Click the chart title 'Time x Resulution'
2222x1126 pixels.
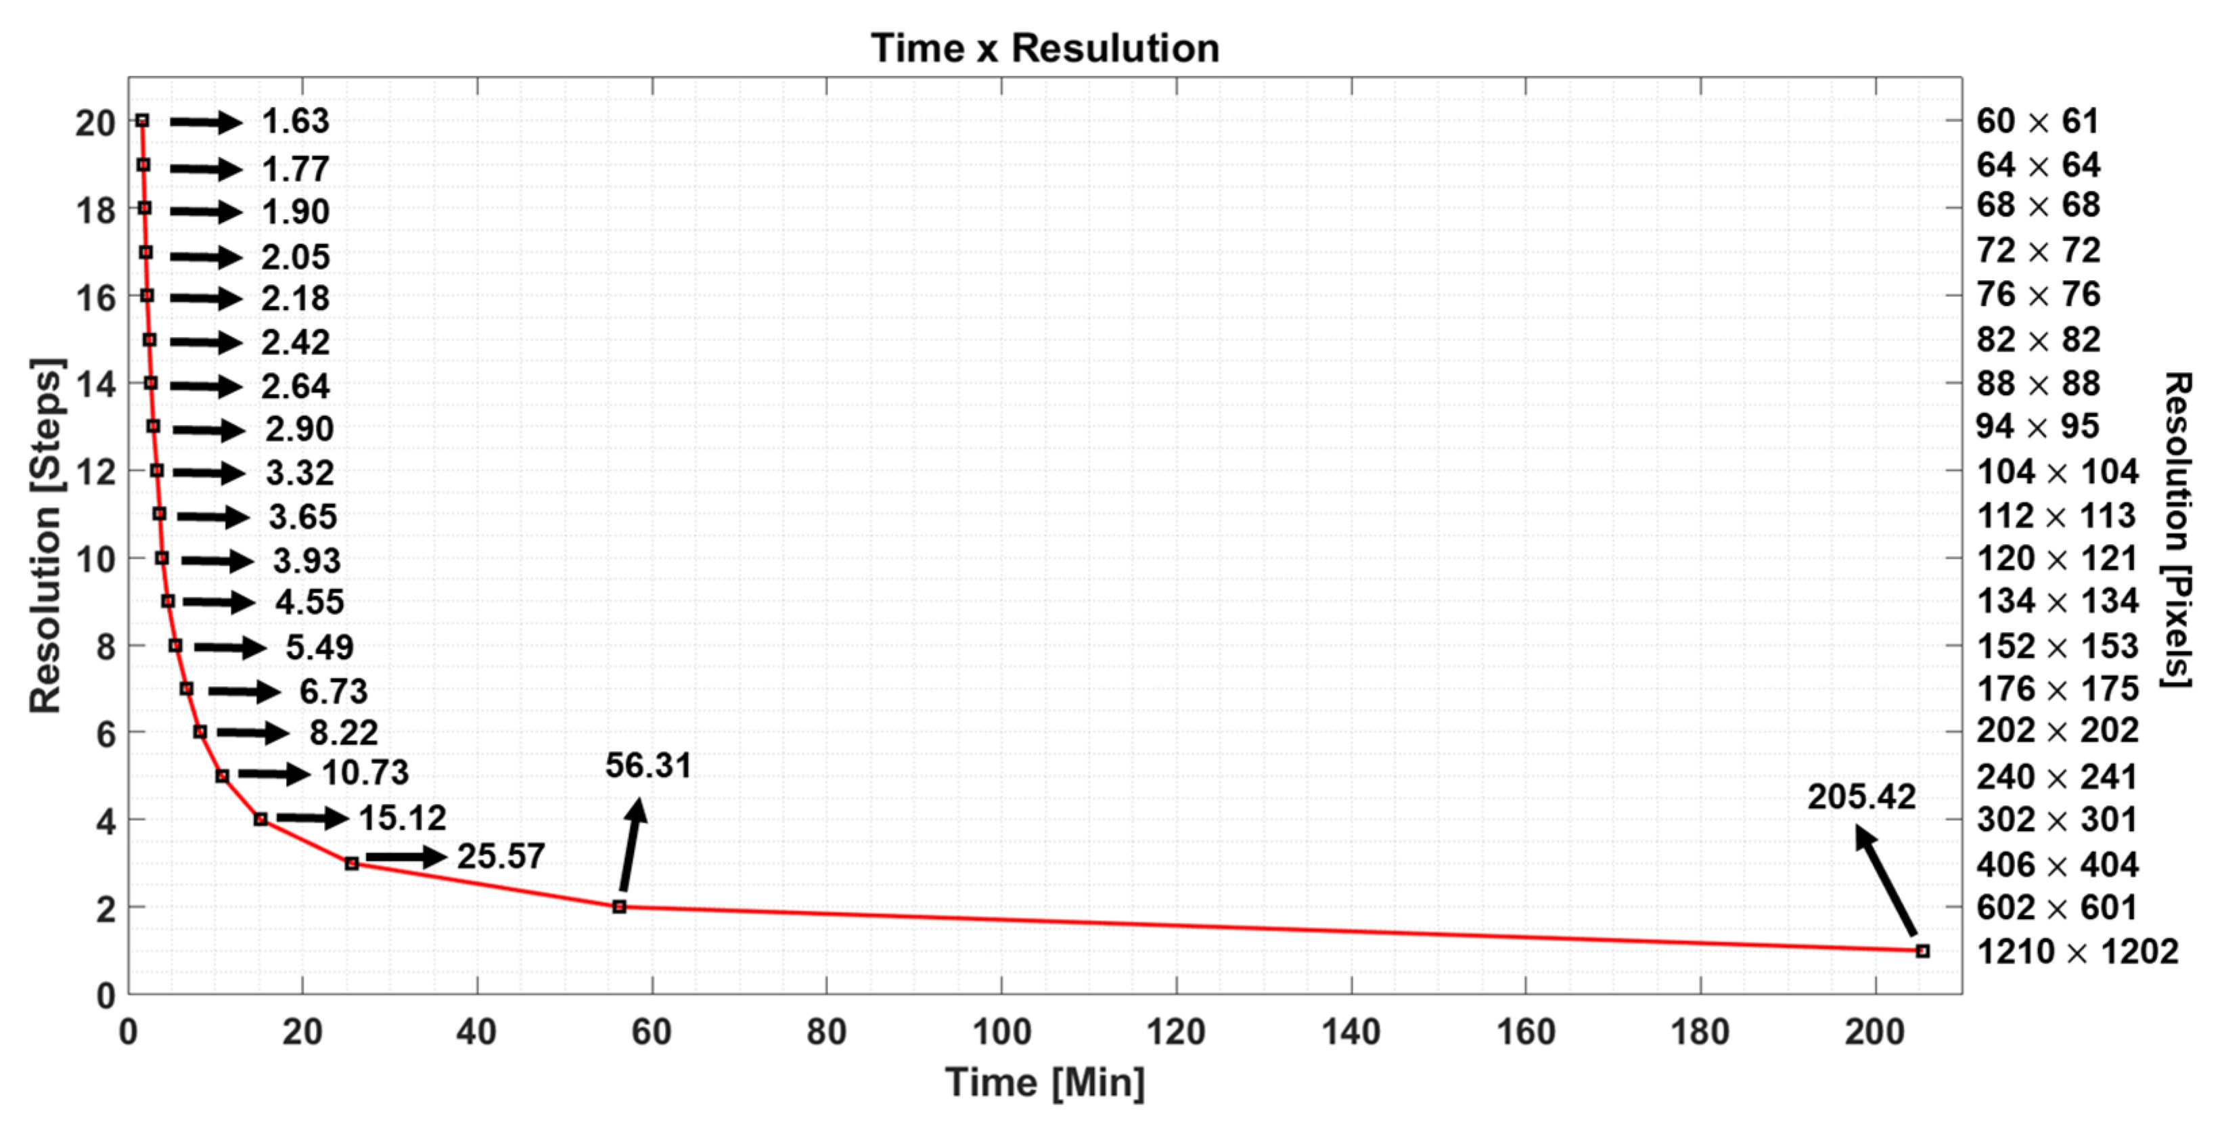[x=1045, y=48]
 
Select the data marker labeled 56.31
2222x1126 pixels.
[x=619, y=907]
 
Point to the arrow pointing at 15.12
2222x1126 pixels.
[x=312, y=818]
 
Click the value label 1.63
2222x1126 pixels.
[x=296, y=122]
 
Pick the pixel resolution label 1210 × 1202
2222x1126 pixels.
[x=2077, y=951]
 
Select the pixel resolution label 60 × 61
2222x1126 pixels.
[x=2037, y=122]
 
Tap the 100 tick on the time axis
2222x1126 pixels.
[x=1001, y=1032]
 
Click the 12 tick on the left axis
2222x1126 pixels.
[x=96, y=472]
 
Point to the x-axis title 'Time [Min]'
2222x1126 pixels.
[x=1045, y=1083]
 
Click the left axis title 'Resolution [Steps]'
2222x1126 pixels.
[x=47, y=535]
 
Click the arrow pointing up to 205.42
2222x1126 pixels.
[x=1886, y=881]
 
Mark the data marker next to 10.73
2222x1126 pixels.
[x=222, y=775]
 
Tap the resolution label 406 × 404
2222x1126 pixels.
[x=2058, y=865]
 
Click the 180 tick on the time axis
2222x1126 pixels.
[x=1700, y=1032]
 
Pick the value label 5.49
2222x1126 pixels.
[x=320, y=647]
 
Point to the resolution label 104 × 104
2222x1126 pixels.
[x=2058, y=472]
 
